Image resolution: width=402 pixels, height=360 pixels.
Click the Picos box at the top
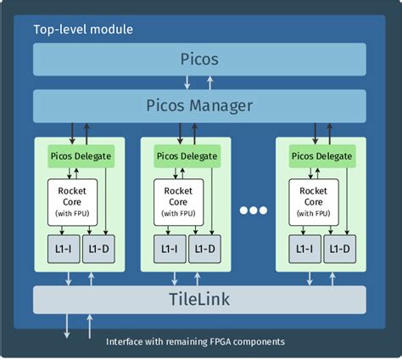tap(200, 59)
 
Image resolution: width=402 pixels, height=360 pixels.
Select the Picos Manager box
tap(200, 106)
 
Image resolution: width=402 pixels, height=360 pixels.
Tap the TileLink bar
tap(200, 300)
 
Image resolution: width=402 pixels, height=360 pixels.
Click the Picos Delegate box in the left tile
tap(80, 156)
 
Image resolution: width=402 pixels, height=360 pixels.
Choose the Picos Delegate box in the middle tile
tap(186, 156)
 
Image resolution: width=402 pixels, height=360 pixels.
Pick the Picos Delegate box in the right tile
tap(321, 156)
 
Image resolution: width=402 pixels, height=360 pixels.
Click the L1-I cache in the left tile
tap(62, 249)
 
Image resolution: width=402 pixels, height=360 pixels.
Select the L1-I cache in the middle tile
tap(168, 249)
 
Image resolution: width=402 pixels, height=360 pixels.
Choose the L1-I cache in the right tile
tap(304, 249)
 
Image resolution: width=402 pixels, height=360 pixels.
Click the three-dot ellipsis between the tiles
tap(253, 210)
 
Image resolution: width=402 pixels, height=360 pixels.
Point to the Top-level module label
tap(83, 30)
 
